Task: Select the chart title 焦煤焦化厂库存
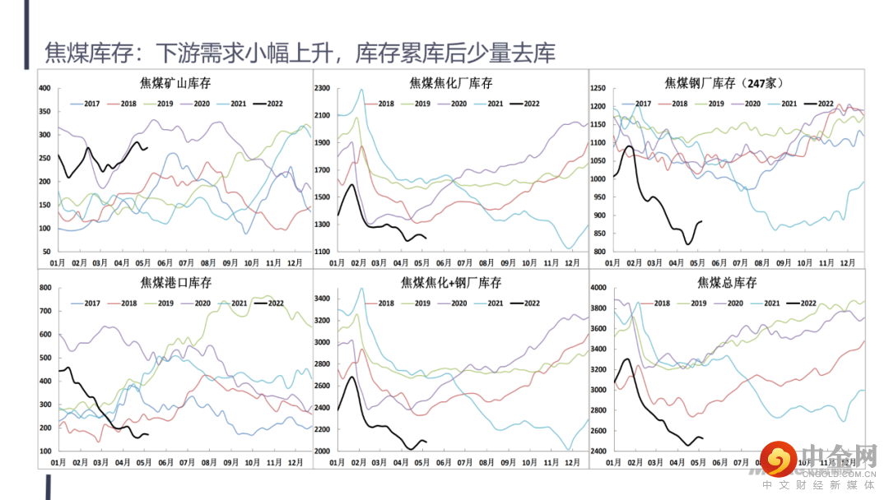450,83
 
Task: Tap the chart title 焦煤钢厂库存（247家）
724,83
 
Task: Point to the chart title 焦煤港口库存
176,283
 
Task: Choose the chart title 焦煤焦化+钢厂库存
450,283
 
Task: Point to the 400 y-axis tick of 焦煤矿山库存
44,88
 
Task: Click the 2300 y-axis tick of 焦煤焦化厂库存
322,88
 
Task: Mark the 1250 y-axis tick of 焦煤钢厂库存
598,88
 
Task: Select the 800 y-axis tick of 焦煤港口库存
44,289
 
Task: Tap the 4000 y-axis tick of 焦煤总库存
598,289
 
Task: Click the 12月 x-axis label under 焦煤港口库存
294,463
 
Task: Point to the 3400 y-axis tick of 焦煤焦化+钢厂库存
322,299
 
